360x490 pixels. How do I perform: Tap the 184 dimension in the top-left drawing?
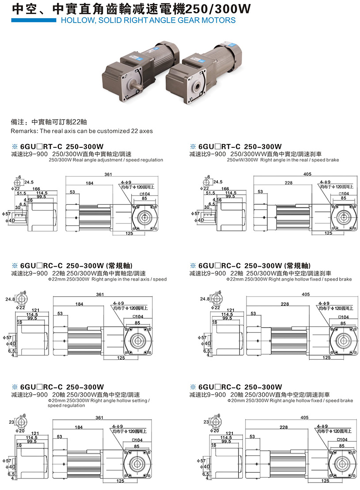pos(90,183)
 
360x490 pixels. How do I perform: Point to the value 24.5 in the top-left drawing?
pos(29,181)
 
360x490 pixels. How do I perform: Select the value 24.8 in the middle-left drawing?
pos(10,299)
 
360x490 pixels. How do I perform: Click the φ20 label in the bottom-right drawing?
pos(214,430)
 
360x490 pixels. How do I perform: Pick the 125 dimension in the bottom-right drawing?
pos(326,480)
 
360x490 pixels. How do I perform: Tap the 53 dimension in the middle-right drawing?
pos(253,314)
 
